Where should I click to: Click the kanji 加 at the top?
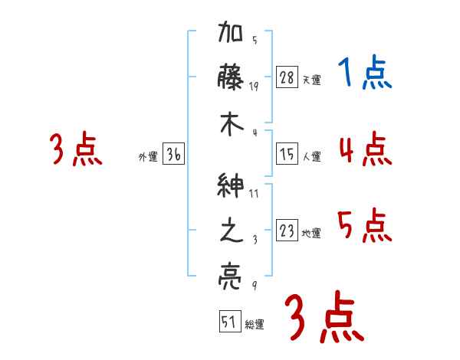(232, 35)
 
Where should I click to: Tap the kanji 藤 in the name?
(232, 78)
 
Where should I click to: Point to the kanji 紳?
(232, 186)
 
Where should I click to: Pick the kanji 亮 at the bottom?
(232, 273)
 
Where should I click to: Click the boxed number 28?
(287, 78)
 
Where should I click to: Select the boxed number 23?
(287, 231)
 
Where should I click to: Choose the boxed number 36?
(173, 155)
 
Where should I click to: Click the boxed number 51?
(229, 322)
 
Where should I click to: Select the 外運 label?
(148, 157)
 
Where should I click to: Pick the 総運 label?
(255, 324)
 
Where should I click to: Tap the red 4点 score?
(365, 149)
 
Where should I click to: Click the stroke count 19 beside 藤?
(255, 86)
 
